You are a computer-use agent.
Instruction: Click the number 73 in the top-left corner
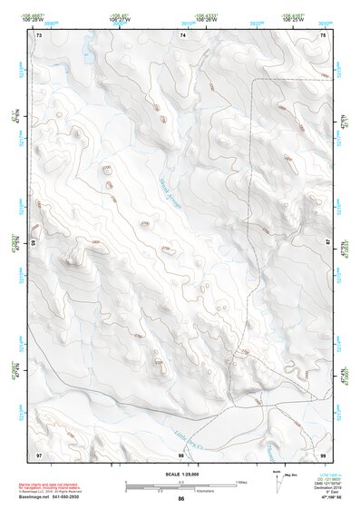pyautogui.click(x=39, y=34)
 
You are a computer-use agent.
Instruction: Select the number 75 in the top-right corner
pyautogui.click(x=323, y=34)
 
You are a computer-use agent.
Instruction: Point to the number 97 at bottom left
pyautogui.click(x=39, y=455)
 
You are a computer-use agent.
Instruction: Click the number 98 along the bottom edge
pyautogui.click(x=181, y=455)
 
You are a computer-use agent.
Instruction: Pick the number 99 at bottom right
pyautogui.click(x=323, y=455)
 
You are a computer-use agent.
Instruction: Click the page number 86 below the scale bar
pyautogui.click(x=181, y=500)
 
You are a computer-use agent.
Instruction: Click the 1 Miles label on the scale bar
pyautogui.click(x=240, y=482)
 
